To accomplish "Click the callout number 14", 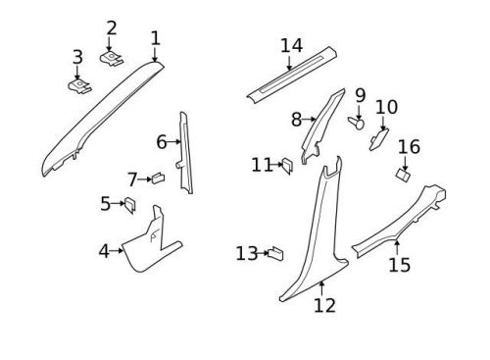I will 291,46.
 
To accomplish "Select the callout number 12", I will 324,305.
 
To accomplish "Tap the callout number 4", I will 104,251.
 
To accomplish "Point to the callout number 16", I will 409,147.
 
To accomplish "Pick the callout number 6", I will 162,142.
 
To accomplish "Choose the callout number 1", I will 155,38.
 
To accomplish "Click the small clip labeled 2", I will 111,59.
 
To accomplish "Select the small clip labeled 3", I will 78,87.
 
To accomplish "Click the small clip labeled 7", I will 155,178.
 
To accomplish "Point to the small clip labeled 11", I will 289,165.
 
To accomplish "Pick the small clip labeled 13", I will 276,253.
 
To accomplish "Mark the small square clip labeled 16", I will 403,174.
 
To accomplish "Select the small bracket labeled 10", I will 377,140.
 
